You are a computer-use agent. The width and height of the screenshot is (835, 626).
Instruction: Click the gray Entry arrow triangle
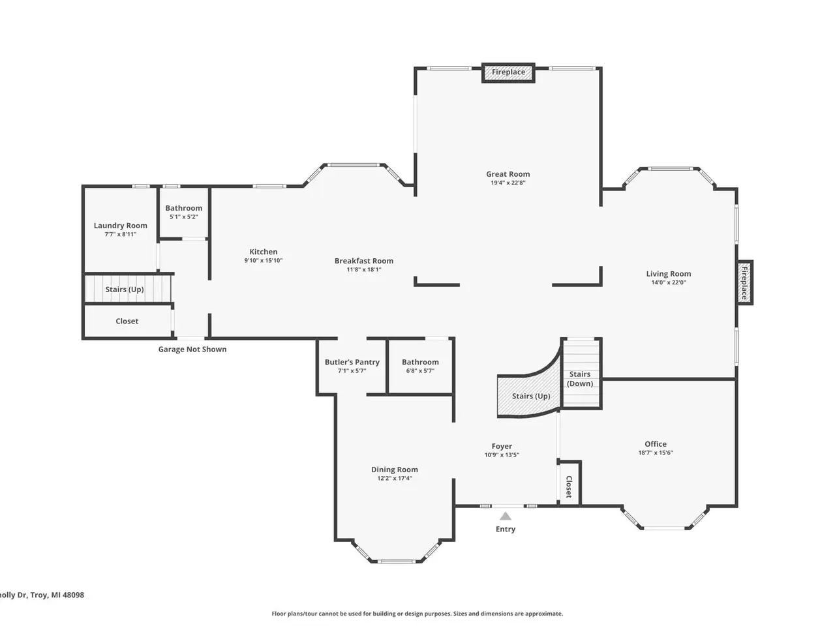point(505,516)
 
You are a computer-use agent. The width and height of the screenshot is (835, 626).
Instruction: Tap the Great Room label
point(508,174)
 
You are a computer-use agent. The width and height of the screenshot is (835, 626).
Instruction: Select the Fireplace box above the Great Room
point(508,72)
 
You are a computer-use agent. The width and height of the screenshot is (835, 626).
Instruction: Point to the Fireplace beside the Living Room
point(744,282)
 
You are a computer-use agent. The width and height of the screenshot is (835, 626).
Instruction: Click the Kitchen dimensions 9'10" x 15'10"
point(264,260)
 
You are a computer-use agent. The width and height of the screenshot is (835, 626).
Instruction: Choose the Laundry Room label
point(120,226)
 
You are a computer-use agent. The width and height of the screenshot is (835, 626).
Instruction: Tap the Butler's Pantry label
point(352,362)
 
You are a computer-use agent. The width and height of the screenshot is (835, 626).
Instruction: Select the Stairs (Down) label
point(580,379)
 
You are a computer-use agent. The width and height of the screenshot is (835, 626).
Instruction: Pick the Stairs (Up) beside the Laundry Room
point(127,289)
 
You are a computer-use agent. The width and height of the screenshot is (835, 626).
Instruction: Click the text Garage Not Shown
point(192,350)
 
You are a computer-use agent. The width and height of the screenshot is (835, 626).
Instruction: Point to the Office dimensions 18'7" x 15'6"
point(656,453)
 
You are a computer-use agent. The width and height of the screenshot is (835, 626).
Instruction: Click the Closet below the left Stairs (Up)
point(127,321)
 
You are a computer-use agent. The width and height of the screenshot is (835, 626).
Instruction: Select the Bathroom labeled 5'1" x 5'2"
point(184,212)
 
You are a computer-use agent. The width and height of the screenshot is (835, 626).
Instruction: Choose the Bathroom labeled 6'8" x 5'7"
point(420,366)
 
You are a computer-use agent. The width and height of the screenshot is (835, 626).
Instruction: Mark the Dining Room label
point(395,469)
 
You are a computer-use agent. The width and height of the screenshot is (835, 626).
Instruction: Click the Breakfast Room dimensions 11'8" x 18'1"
point(363,269)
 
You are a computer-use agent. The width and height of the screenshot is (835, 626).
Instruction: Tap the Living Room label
point(669,274)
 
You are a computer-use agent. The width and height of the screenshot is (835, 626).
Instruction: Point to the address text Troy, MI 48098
point(57,595)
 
